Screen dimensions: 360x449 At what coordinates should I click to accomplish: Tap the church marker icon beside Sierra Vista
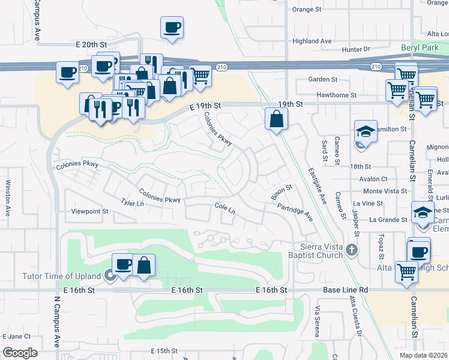click(x=352, y=249)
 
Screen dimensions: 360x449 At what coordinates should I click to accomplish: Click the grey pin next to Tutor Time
click(x=110, y=275)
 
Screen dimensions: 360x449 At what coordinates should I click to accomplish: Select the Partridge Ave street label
click(x=295, y=211)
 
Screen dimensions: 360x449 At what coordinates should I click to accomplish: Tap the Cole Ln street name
click(x=224, y=209)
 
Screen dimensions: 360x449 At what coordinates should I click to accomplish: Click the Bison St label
click(x=281, y=193)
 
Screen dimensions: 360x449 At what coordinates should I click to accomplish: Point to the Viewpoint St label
click(x=89, y=211)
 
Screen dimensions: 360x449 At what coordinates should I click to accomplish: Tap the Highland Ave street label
click(x=312, y=41)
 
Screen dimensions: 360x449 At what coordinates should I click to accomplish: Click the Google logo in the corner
click(x=20, y=353)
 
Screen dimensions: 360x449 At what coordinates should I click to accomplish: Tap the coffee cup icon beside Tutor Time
click(x=124, y=264)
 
